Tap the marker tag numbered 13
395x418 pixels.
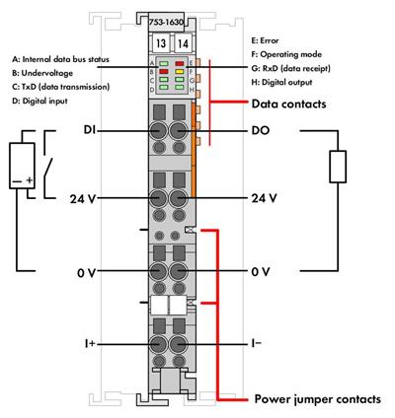point(161,43)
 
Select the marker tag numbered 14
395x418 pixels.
point(183,43)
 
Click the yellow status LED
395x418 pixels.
point(180,71)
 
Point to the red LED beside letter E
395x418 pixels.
point(180,63)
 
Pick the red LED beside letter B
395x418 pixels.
point(164,71)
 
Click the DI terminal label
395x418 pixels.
point(89,130)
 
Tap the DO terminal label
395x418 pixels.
point(261,130)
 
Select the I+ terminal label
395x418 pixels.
point(89,344)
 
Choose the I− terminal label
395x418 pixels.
point(257,343)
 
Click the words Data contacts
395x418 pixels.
point(288,104)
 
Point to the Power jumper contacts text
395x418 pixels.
point(318,399)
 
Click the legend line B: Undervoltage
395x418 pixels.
point(42,73)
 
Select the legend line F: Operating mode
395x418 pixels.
point(286,54)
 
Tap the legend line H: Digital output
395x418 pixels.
point(281,82)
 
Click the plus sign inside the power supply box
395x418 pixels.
point(30,179)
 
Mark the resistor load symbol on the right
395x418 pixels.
point(338,167)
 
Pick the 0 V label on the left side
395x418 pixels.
point(86,273)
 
